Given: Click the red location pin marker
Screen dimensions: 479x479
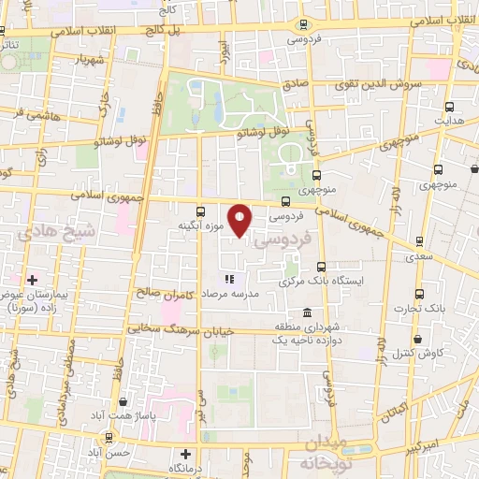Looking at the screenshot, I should tap(241, 220).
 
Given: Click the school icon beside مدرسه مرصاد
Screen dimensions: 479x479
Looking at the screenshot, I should tap(228, 278).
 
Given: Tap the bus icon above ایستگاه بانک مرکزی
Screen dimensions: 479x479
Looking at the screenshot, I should tap(322, 266).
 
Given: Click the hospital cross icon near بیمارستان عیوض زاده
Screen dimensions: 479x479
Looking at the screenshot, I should tap(32, 279).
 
